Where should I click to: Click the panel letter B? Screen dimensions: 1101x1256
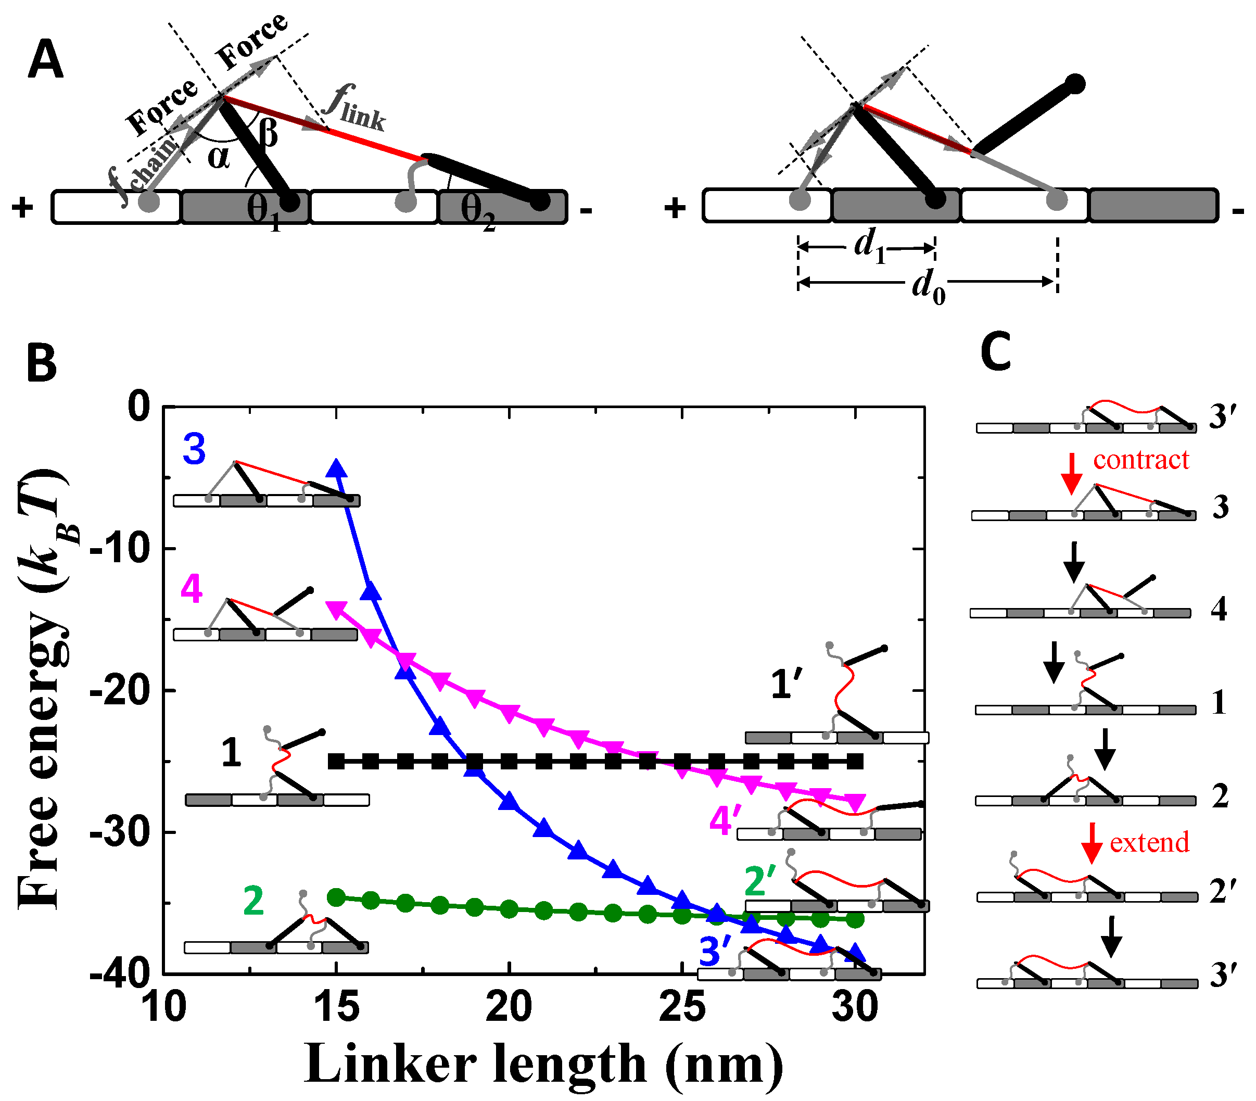point(42,363)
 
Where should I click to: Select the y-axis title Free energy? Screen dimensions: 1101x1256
point(43,688)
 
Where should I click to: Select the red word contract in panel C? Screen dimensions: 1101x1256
point(1140,460)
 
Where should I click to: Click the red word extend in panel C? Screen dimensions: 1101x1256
point(1149,842)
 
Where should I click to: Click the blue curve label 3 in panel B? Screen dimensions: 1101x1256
point(194,449)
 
